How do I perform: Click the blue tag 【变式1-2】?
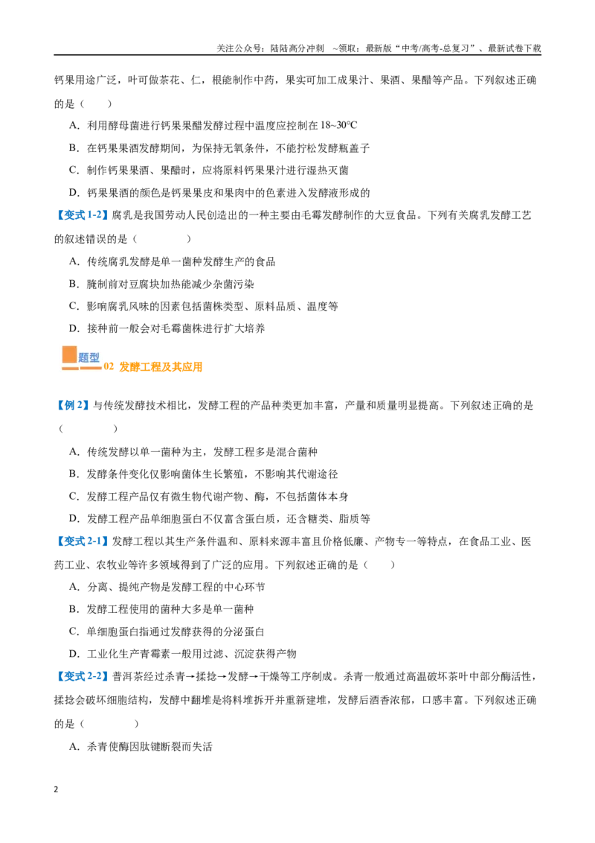[82, 215]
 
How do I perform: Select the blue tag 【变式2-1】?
[82, 541]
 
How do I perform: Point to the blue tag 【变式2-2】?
[82, 676]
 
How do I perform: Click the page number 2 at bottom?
[57, 789]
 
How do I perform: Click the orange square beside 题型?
[70, 354]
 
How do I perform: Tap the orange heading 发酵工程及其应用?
[161, 366]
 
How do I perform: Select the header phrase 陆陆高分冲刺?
[297, 48]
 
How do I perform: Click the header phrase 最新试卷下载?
[515, 48]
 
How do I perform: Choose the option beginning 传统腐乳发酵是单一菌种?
[173, 262]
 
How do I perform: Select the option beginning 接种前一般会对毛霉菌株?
[167, 328]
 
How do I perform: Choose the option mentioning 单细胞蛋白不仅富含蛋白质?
[219, 519]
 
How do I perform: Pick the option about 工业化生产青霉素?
[182, 654]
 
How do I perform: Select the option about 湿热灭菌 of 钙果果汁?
[209, 171]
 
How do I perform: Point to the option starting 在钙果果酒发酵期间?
[219, 148]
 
